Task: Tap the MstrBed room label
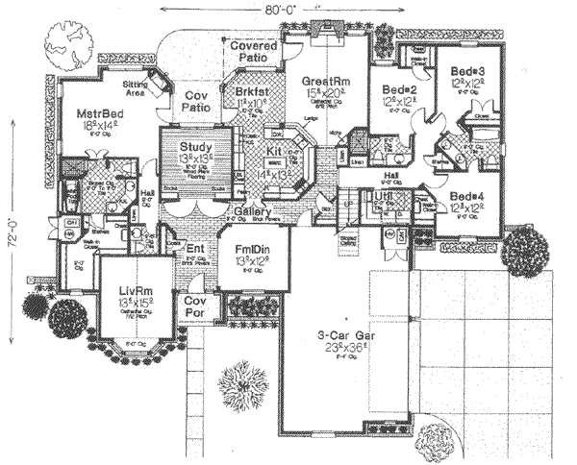(x=97, y=112)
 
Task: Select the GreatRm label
(x=324, y=81)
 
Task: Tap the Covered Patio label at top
(x=254, y=52)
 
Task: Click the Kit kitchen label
(x=272, y=153)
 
